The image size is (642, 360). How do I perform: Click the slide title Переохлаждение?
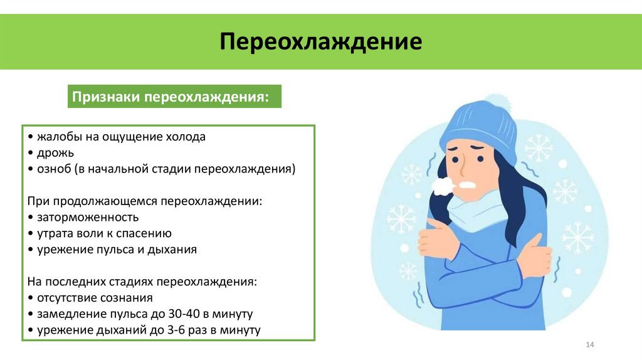point(320,42)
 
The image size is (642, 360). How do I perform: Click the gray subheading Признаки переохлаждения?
point(171,98)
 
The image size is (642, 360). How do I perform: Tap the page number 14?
point(589,345)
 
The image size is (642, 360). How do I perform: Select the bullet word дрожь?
point(56,152)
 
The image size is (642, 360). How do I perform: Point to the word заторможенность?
point(87,217)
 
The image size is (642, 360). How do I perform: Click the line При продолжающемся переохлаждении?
point(145,201)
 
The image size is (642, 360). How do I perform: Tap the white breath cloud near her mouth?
point(443,185)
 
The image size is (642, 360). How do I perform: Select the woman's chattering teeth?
point(467,186)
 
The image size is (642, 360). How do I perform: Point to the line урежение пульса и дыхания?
point(117,250)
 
